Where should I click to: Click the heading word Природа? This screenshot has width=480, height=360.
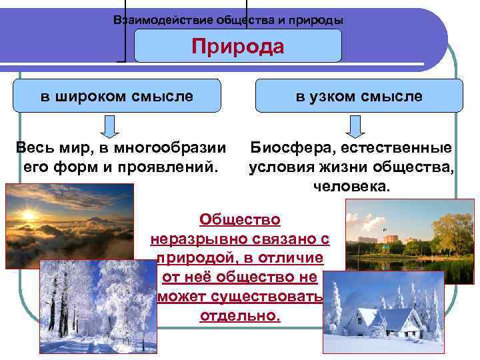pyautogui.click(x=238, y=47)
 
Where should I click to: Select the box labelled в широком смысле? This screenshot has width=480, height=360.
pyautogui.click(x=117, y=96)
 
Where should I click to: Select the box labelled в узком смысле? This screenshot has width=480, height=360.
pyautogui.click(x=359, y=96)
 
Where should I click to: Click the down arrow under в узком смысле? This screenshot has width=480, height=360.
pyautogui.click(x=357, y=125)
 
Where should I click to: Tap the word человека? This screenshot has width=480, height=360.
pyautogui.click(x=351, y=186)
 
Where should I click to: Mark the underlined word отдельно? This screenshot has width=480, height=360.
pyautogui.click(x=240, y=315)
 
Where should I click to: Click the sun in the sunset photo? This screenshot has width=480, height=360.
pyautogui.click(x=28, y=215)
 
